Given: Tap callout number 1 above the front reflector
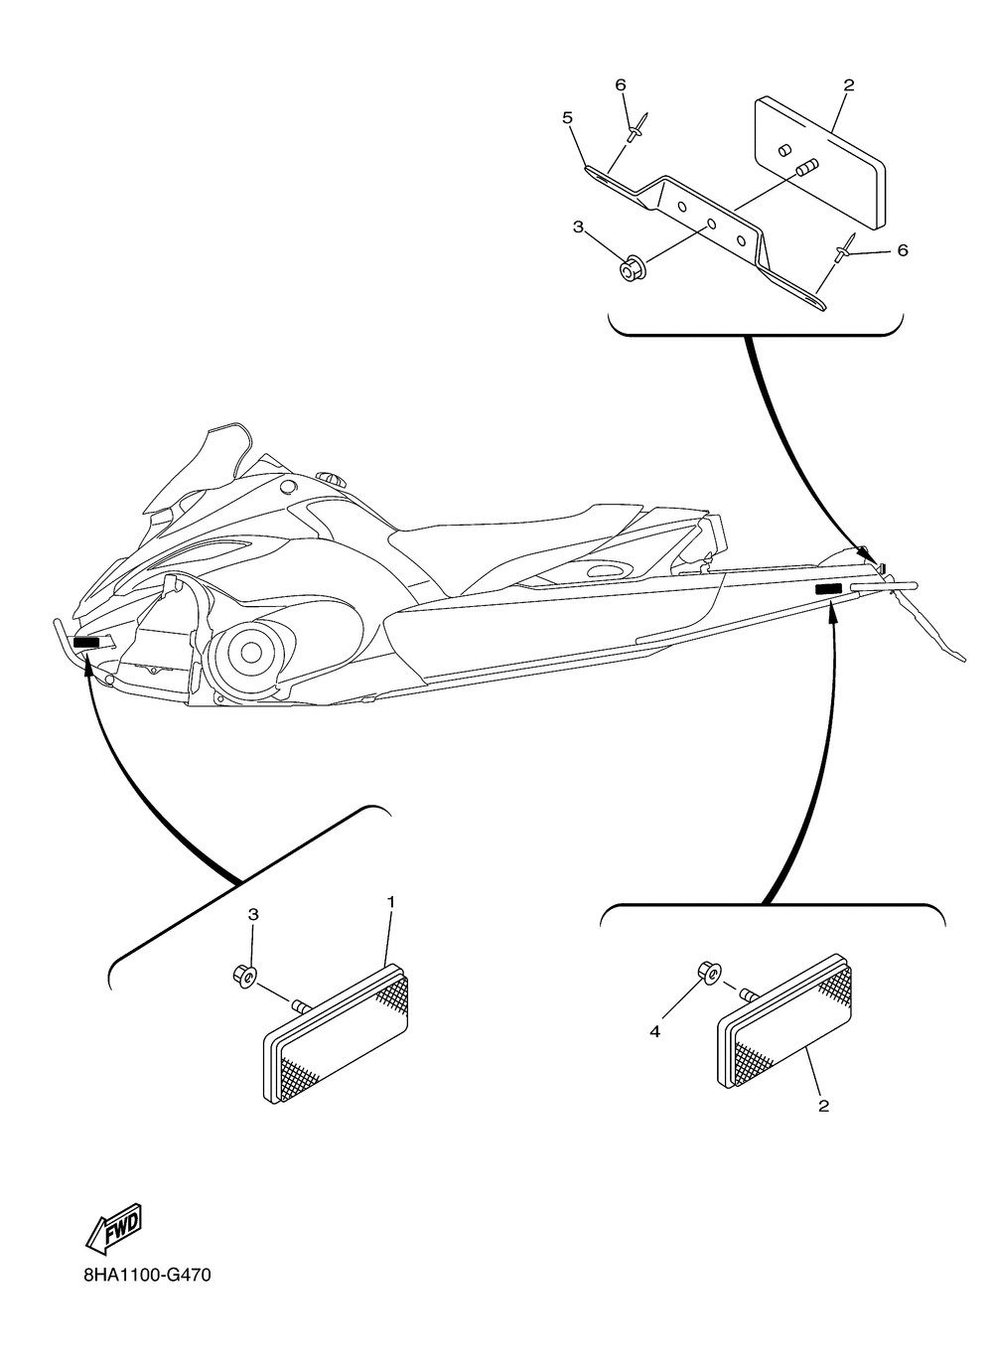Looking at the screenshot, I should click(x=391, y=902).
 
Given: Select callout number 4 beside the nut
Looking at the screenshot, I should click(x=654, y=1032).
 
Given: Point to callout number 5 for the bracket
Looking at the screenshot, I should click(x=568, y=118).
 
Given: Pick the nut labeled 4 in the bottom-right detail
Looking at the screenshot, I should click(x=708, y=973).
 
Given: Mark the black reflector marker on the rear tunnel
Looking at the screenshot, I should click(x=828, y=590).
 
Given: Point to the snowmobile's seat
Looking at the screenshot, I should click(x=516, y=541).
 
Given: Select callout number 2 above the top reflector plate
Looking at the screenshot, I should click(x=849, y=85).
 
